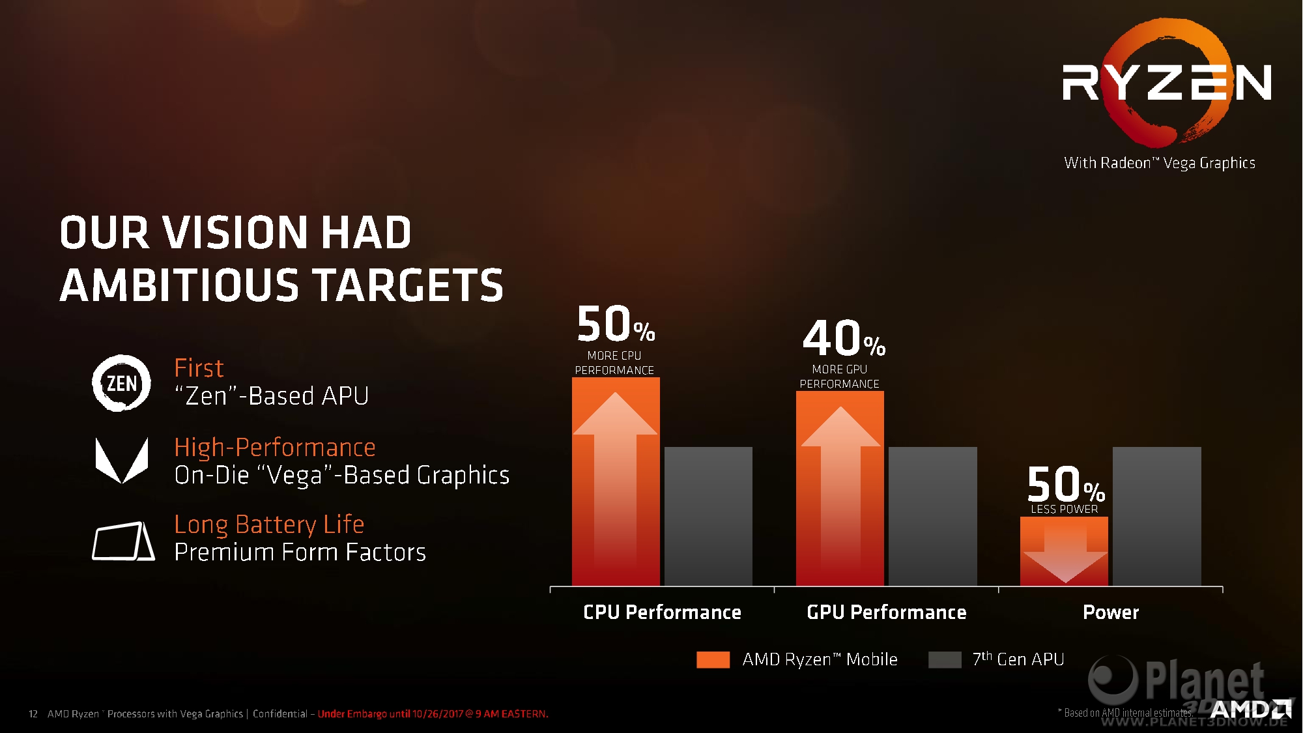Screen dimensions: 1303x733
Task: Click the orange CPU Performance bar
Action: point(616,481)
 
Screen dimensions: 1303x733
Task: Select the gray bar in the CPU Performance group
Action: point(708,516)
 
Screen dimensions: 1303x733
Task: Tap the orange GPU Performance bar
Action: point(840,488)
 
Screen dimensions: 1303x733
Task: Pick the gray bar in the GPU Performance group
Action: point(933,516)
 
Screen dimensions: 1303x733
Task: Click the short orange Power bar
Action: point(1064,551)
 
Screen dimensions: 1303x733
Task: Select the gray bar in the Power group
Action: point(1157,516)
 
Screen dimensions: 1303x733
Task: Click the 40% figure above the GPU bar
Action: point(844,338)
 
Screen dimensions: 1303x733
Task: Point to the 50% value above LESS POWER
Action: point(1066,484)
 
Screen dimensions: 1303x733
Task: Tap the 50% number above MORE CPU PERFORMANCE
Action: point(616,324)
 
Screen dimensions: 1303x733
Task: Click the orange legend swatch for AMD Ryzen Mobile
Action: point(713,659)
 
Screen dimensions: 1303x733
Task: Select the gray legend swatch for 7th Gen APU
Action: point(945,659)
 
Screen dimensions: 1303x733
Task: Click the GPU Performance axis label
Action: point(887,612)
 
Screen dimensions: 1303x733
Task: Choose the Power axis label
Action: point(1111,612)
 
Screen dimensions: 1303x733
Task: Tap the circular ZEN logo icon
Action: point(121,383)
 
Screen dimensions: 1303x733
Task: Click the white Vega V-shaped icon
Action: point(122,460)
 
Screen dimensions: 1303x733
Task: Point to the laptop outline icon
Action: point(123,541)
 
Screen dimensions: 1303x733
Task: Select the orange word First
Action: point(199,368)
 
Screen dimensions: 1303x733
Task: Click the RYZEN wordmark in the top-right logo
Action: point(1166,82)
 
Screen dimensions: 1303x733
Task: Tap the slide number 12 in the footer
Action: point(33,714)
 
